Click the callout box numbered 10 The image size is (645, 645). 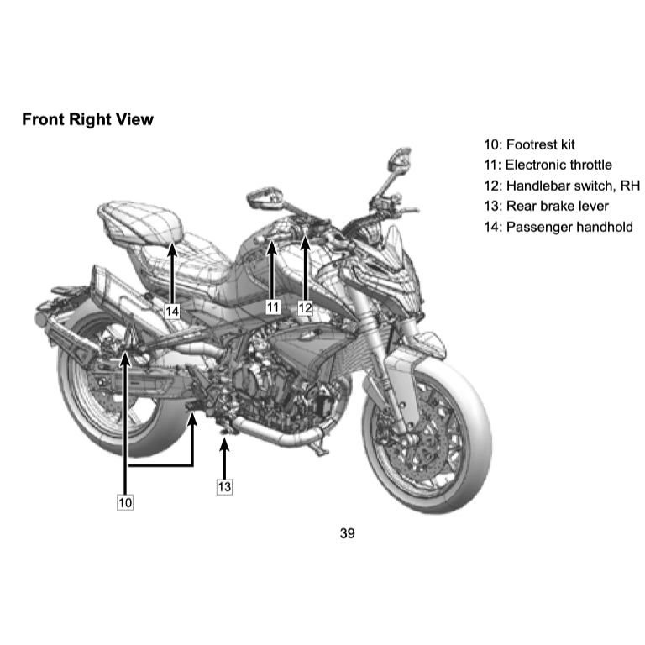click(x=125, y=502)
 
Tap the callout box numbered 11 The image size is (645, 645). click(x=273, y=307)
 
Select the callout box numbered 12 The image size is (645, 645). click(x=305, y=307)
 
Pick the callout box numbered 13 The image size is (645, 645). click(x=224, y=486)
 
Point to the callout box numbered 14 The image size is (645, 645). click(x=172, y=312)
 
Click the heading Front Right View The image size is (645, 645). click(x=87, y=119)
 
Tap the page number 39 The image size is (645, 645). click(x=347, y=533)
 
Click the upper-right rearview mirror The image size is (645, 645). click(x=400, y=159)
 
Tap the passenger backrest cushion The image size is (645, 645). click(x=140, y=222)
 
